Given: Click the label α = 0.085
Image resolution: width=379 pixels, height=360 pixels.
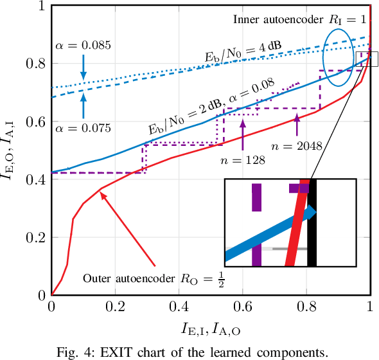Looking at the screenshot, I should point(83,46).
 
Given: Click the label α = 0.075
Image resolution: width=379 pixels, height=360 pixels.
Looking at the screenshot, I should point(83,127).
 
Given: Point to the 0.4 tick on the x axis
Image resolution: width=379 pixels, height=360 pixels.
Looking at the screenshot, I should point(179,308).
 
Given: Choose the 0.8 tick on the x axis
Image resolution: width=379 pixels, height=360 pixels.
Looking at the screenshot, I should point(306,308).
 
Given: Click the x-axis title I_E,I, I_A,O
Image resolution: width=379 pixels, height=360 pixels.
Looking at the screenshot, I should point(211,330).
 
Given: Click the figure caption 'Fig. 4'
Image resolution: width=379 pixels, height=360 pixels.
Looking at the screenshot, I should point(190,351).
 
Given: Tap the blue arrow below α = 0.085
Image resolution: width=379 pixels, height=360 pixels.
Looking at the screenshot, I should point(83,66).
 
